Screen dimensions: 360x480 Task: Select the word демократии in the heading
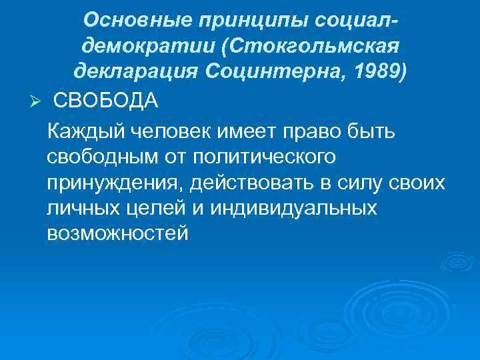click(x=141, y=45)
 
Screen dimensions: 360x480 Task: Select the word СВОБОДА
click(x=105, y=101)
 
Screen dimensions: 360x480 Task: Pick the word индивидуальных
click(x=293, y=208)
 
